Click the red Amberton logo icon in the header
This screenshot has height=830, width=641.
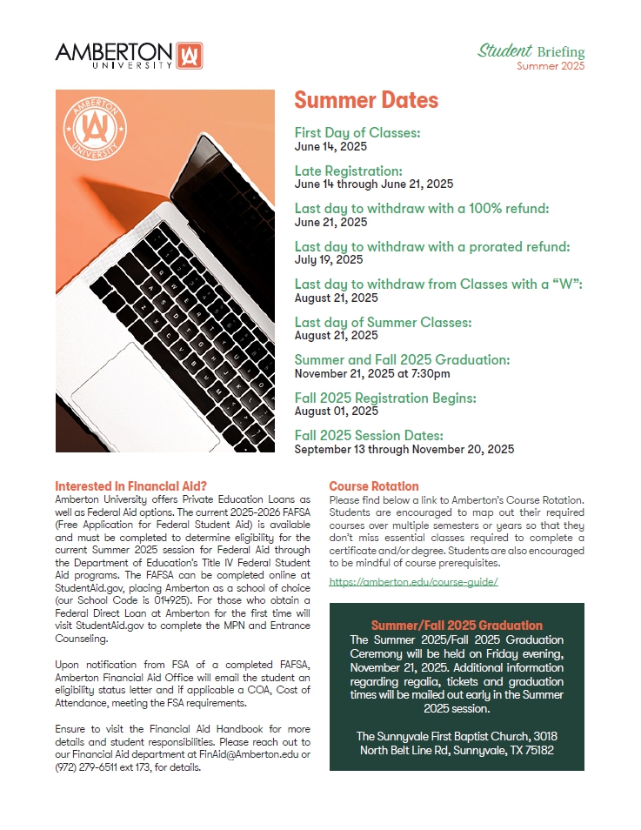coord(189,55)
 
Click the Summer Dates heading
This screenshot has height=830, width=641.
coord(365,100)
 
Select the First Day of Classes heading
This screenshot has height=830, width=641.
coord(357,133)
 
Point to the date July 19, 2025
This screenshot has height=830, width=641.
coord(329,259)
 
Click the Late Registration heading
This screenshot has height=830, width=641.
coord(348,171)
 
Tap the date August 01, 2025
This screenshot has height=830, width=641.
coord(337,411)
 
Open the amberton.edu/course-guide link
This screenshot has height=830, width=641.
coord(413,582)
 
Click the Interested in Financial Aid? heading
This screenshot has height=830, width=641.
coord(131,485)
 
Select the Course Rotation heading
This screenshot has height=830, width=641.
coord(374,486)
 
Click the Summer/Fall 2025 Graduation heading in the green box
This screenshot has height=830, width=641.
coord(457,626)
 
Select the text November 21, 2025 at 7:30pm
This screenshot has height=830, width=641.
coord(372,374)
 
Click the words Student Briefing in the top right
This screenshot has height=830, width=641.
coord(531,51)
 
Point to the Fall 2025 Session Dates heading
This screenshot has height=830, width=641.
coord(369,435)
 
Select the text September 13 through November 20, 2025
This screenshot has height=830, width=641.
coord(404,450)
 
